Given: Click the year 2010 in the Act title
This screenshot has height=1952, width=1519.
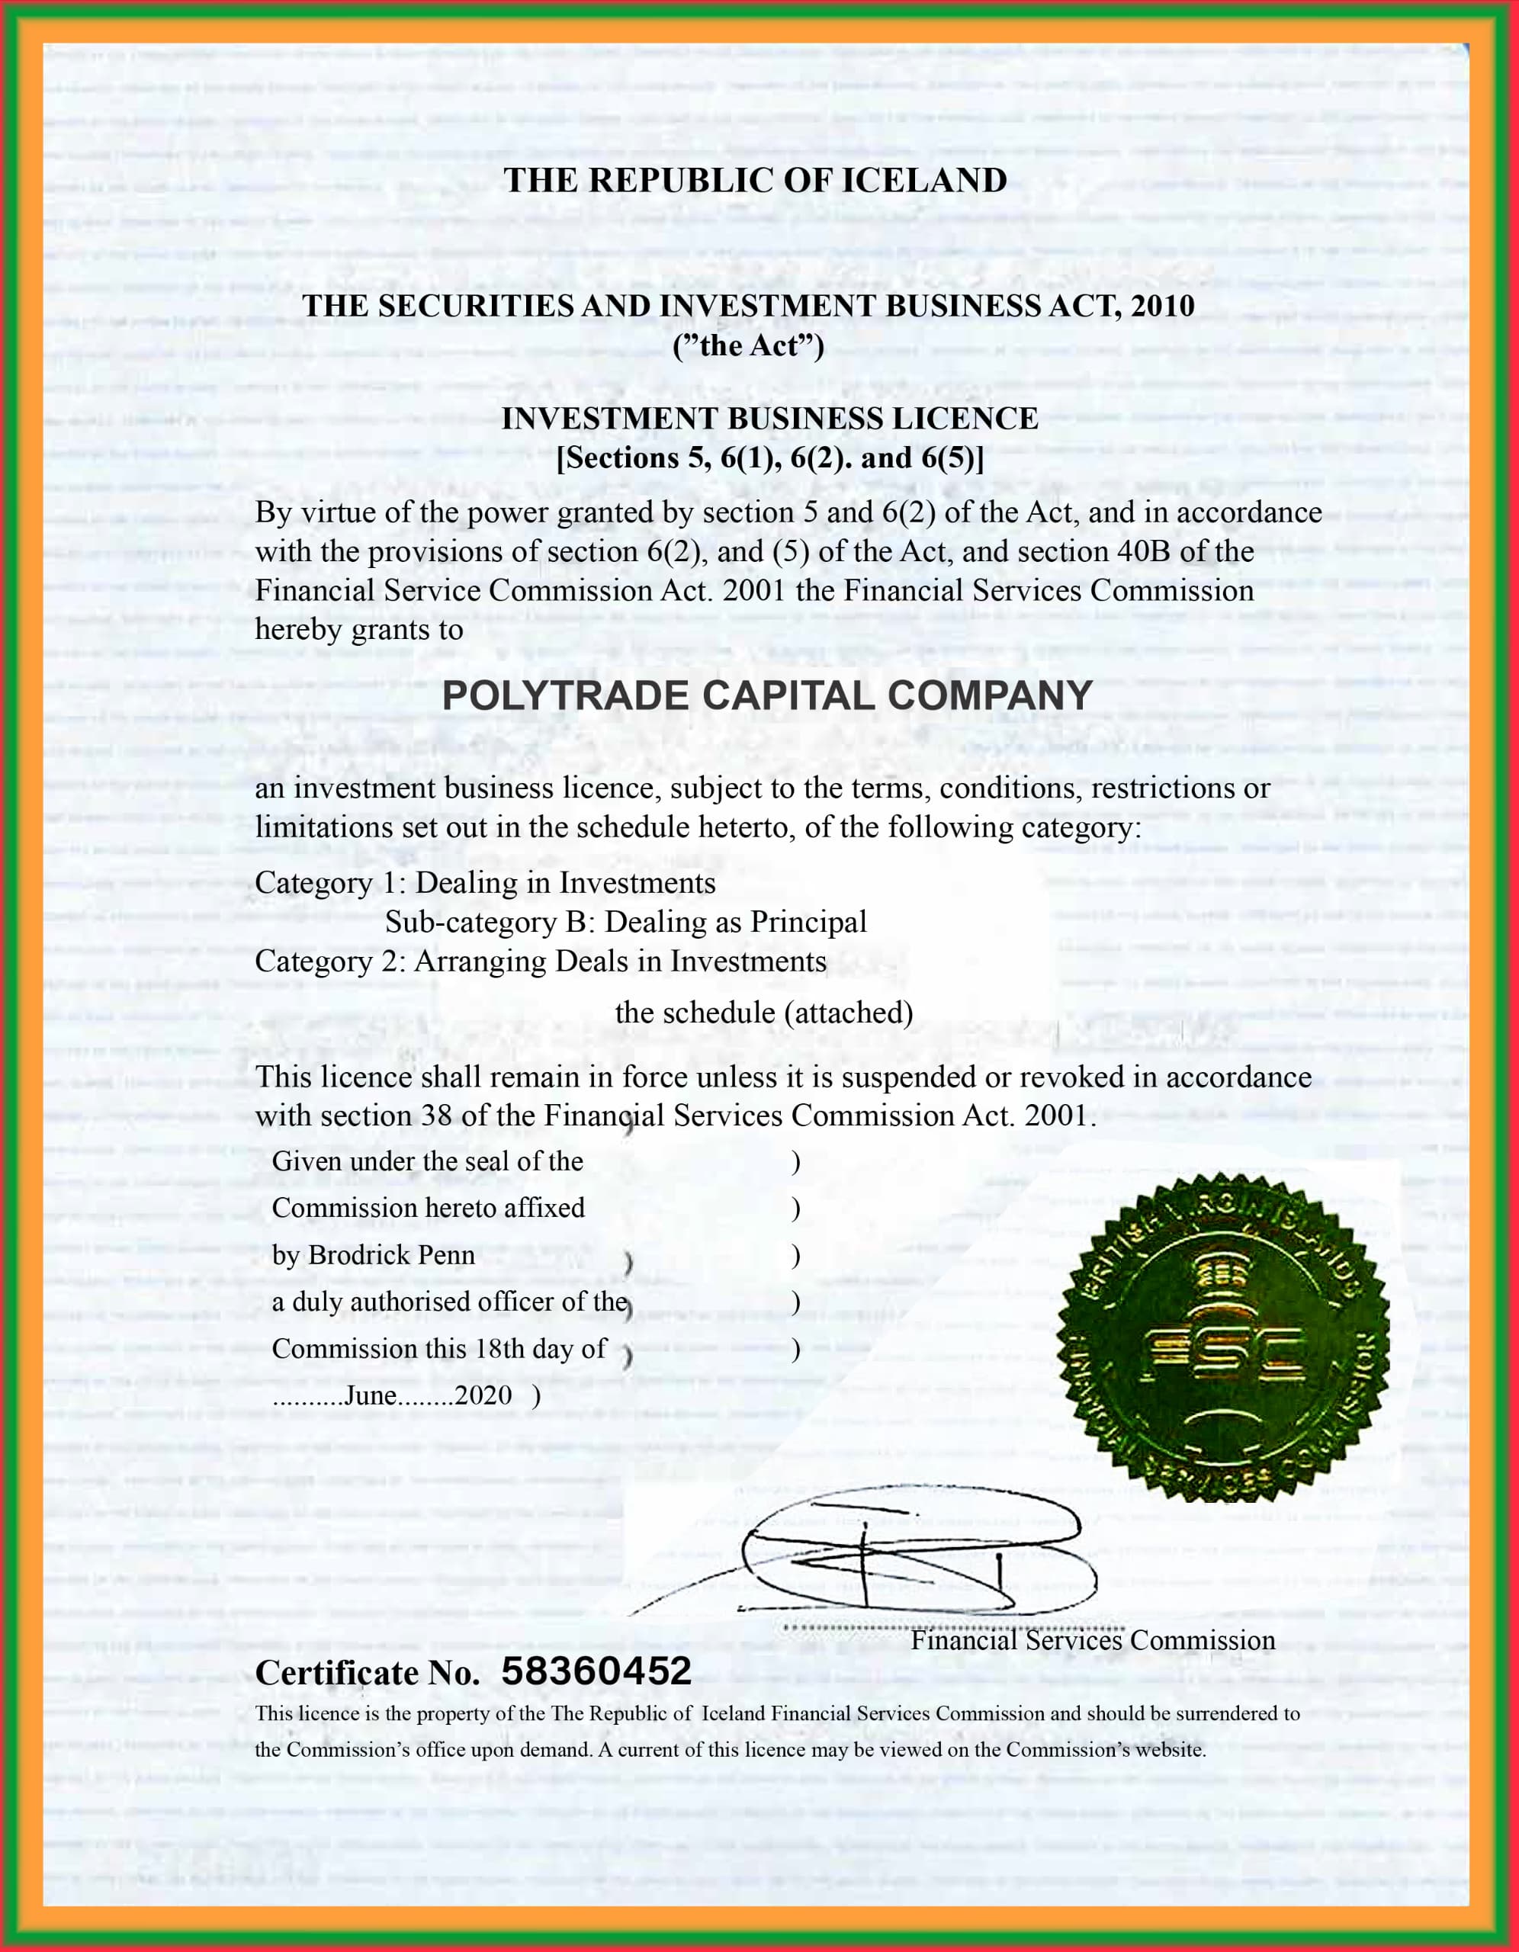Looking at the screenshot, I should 1162,306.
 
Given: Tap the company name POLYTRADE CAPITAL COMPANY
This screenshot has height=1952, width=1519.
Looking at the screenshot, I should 767,695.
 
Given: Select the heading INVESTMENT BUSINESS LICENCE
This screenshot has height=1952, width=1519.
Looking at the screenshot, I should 769,419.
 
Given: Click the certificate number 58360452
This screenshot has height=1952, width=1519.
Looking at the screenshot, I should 596,1671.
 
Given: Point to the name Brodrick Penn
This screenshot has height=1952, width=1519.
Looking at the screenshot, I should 392,1255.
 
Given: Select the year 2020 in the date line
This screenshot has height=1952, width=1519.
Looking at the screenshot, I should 483,1395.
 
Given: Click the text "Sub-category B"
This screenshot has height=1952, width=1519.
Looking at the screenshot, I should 483,921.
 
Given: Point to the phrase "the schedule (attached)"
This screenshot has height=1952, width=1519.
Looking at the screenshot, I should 763,1012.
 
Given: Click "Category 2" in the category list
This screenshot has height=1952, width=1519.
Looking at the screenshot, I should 330,961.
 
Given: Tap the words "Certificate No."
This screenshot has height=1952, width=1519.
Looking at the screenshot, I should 368,1672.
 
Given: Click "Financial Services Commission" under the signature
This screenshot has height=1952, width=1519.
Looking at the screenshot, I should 1093,1640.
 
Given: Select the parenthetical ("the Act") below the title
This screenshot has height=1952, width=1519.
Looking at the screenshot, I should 748,345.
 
